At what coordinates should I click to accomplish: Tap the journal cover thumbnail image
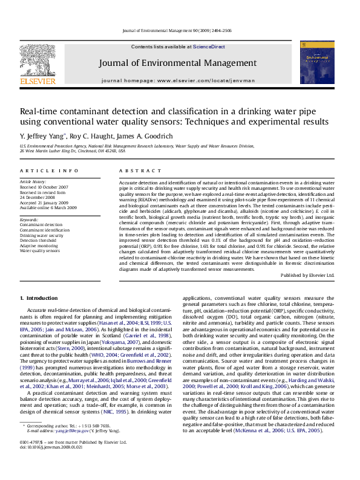point(316,62)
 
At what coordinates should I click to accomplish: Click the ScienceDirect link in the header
point(209,47)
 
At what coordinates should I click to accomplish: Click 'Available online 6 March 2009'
point(48,207)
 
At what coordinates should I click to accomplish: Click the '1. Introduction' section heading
point(39,298)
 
